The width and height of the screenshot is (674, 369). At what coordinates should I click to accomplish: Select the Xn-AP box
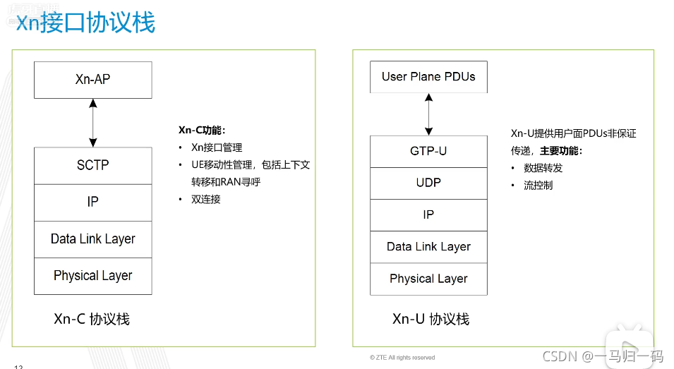click(x=92, y=80)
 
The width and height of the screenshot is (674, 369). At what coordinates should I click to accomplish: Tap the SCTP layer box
click(x=92, y=165)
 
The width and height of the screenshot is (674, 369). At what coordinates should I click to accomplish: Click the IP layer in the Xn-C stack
click(x=92, y=202)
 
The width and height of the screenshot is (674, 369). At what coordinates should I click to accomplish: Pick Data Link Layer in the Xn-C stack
click(x=92, y=239)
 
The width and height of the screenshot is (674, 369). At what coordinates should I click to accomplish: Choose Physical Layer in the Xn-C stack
click(x=92, y=276)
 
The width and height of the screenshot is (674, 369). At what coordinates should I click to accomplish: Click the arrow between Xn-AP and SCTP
click(x=92, y=123)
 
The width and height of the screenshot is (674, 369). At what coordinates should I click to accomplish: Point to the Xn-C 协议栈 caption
click(x=92, y=319)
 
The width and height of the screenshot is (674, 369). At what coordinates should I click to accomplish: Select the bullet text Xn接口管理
click(x=217, y=147)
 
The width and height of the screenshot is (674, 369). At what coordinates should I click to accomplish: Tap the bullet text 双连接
click(x=206, y=199)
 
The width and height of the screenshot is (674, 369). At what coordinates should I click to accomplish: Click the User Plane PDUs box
click(x=428, y=77)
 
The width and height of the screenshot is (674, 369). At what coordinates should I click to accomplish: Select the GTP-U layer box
click(x=428, y=152)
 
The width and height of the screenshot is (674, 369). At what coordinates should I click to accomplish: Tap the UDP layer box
click(x=428, y=183)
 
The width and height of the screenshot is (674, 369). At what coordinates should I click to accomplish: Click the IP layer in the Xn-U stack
click(x=428, y=214)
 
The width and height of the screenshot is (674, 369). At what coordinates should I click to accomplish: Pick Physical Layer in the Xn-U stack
click(x=428, y=279)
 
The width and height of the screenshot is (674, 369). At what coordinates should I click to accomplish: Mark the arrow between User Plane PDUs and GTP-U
click(x=428, y=114)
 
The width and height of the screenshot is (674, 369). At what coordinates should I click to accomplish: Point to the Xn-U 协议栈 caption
click(x=431, y=319)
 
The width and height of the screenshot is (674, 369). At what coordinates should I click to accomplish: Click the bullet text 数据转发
click(x=543, y=168)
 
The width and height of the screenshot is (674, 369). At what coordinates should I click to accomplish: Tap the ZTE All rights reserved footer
click(x=402, y=358)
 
